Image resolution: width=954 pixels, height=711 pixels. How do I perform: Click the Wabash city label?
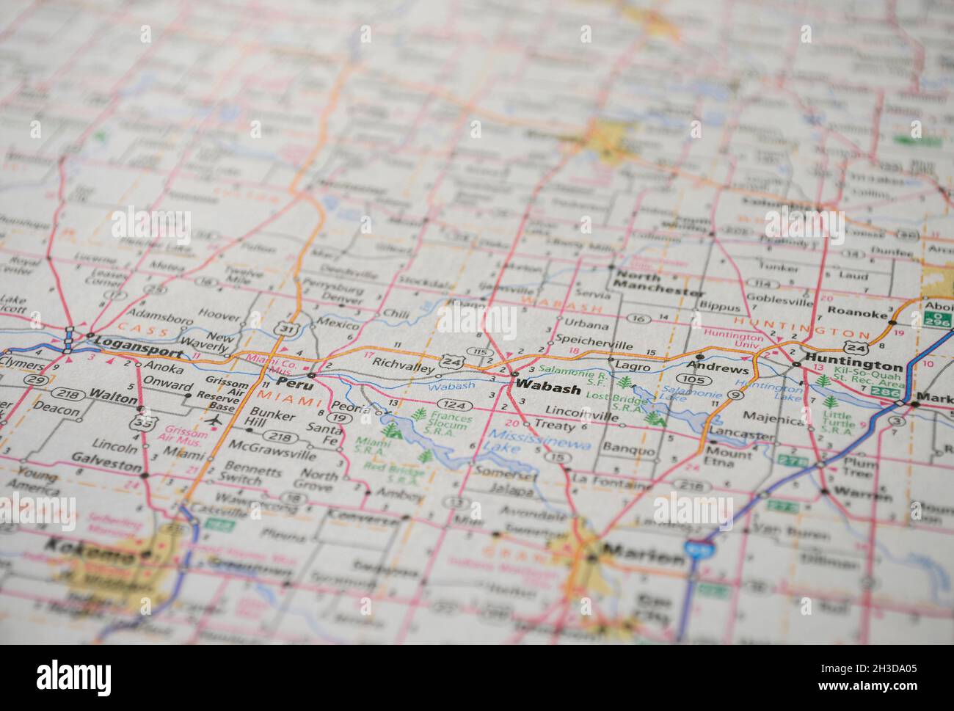(x=547, y=388)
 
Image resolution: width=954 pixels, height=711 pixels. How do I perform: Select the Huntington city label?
(x=853, y=364)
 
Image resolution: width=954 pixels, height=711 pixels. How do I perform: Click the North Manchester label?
(x=658, y=284)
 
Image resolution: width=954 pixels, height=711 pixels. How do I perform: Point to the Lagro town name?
(x=633, y=366)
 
